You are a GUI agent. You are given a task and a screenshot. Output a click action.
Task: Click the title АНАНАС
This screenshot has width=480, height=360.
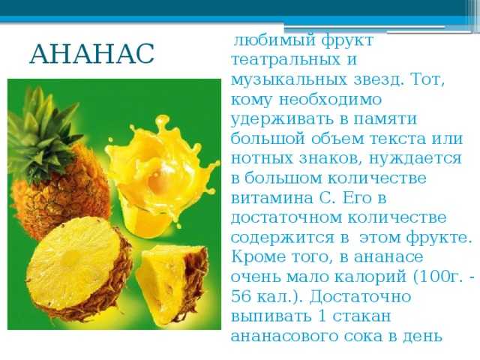(x=91, y=54)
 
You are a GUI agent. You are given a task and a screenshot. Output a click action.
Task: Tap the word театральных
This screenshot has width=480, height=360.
(x=286, y=60)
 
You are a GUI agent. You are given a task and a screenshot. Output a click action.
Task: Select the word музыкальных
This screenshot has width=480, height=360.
(x=289, y=80)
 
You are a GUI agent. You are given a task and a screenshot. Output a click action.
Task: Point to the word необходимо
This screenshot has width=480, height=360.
(x=330, y=100)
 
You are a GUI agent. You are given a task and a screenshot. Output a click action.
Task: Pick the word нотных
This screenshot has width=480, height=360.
(x=262, y=159)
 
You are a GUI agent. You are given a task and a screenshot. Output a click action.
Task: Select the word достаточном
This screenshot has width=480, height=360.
(x=286, y=218)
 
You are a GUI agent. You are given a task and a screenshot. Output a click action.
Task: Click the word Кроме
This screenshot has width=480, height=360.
(x=257, y=256)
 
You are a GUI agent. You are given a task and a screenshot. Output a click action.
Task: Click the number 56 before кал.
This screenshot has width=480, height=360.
(x=240, y=297)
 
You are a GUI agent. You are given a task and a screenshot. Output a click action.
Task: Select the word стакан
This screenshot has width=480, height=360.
(x=361, y=316)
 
